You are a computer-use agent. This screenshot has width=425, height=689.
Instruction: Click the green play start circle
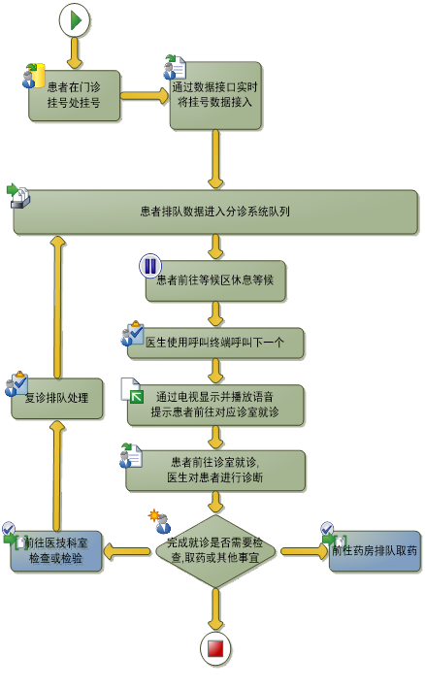(75, 20)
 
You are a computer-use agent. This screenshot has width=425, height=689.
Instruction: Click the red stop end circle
(215, 648)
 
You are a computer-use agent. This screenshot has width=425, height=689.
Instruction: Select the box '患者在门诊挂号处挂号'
(75, 95)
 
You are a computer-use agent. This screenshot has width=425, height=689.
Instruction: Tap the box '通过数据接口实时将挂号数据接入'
(215, 95)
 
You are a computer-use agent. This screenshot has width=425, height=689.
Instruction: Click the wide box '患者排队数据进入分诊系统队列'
(215, 212)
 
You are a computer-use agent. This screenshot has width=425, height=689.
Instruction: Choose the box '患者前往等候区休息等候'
(215, 280)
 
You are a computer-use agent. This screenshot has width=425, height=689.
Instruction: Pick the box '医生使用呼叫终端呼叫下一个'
(215, 343)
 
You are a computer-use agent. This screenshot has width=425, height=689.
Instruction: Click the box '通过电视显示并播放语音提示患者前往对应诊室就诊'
(215, 405)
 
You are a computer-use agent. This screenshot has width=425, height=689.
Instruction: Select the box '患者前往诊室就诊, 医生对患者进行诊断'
(215, 471)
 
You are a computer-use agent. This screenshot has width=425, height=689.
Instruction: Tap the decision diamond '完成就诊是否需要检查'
(215, 551)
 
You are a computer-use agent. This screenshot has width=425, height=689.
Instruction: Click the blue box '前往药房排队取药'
(375, 551)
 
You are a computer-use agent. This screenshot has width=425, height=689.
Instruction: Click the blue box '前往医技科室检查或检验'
(56, 551)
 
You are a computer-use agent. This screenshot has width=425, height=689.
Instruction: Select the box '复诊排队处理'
(57, 398)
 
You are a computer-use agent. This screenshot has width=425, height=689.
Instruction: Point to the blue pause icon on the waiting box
(150, 265)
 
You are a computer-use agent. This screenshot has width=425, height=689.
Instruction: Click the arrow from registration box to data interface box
(145, 96)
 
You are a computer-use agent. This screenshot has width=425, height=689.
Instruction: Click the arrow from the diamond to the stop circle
(215, 609)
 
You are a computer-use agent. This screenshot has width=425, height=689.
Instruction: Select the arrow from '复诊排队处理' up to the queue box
(57, 307)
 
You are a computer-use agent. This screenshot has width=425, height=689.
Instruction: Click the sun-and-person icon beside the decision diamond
(159, 521)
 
